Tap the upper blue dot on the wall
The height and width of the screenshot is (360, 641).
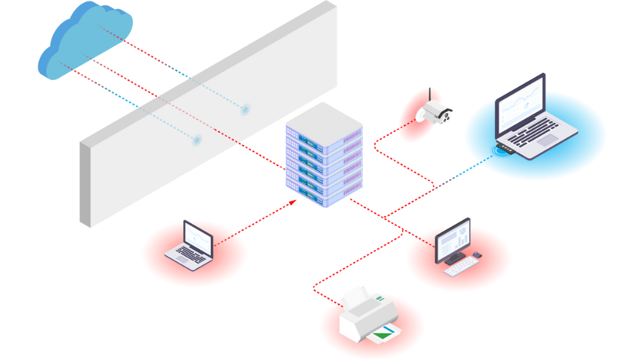click(x=245, y=108)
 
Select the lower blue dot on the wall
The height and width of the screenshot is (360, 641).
click(x=197, y=140)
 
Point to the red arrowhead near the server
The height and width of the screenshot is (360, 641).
click(x=293, y=201)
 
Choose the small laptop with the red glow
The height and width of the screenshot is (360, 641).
click(x=191, y=245)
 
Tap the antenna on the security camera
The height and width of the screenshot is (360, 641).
click(x=430, y=96)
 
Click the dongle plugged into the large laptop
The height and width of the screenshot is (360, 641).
click(x=503, y=148)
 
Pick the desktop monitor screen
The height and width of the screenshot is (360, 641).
click(x=452, y=239)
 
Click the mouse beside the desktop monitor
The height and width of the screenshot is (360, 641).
click(x=477, y=255)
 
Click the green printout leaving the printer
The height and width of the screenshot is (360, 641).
click(x=384, y=332)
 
